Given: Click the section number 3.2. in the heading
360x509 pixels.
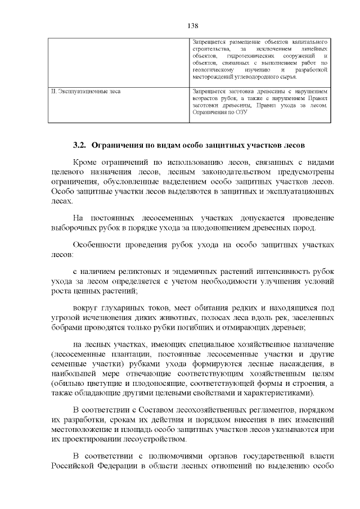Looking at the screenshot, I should pos(80,145).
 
